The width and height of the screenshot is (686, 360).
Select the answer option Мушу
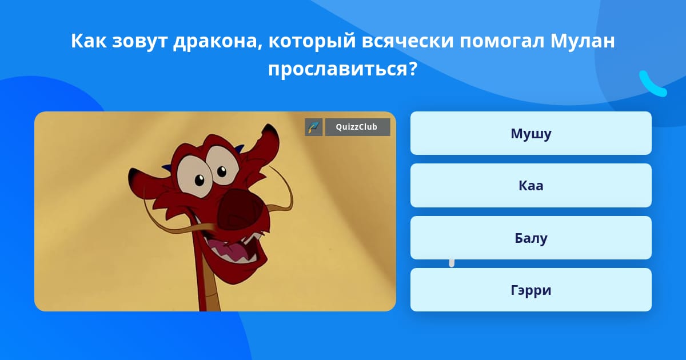tap(531, 133)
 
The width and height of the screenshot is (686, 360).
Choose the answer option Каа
tap(531, 186)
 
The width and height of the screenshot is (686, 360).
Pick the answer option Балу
tap(531, 238)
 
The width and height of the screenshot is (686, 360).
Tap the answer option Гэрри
tap(531, 290)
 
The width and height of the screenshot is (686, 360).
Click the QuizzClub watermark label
tap(357, 127)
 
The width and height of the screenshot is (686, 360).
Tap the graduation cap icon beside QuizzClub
tap(314, 127)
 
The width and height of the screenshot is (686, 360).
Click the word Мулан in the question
tap(583, 41)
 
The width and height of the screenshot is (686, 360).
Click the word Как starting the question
tap(89, 41)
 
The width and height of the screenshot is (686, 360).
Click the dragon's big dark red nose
tap(241, 211)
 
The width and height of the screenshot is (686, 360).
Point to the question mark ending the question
tap(413, 69)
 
